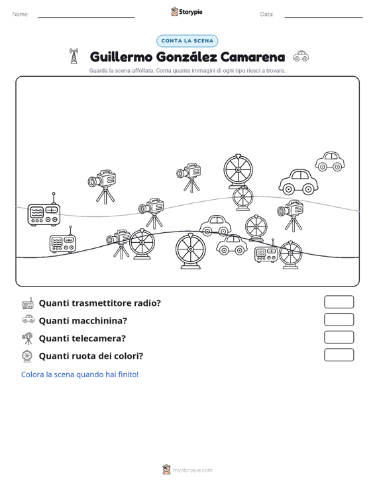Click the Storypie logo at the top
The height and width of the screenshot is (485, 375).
[187, 12]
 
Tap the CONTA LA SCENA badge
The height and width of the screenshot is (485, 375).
[187, 41]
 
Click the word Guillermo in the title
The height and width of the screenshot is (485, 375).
[121, 57]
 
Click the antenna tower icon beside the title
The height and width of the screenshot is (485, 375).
[74, 56]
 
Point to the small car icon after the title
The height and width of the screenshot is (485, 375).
[301, 56]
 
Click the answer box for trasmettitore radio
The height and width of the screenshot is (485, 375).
[339, 302]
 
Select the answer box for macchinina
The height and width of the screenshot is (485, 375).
[339, 320]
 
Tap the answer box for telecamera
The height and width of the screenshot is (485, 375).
[339, 337]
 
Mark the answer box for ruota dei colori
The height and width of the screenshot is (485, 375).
[339, 355]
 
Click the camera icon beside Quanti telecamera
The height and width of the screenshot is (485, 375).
[27, 338]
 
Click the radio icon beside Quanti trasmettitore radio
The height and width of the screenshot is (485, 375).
[28, 303]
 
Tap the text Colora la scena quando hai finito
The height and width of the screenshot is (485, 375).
[80, 375]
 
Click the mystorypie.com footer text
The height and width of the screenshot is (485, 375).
[193, 470]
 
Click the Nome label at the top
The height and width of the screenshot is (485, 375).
[21, 15]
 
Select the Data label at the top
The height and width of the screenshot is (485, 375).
[266, 15]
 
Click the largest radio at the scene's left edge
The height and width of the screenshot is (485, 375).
[44, 209]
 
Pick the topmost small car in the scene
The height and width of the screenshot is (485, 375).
[330, 161]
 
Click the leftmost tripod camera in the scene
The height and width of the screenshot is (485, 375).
[102, 186]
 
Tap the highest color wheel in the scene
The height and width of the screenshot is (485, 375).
[238, 171]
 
